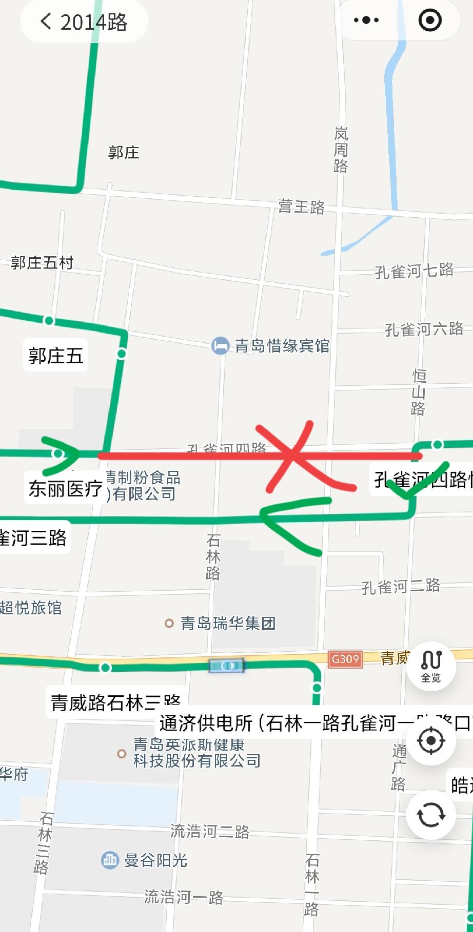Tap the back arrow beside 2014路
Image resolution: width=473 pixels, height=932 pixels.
46,22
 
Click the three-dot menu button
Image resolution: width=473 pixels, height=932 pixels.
366,20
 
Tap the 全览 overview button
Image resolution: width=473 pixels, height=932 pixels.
431,666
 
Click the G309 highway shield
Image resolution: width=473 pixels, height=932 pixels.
345,659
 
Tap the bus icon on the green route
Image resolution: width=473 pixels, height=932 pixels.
227,666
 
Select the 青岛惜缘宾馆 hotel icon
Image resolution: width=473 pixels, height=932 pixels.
220,346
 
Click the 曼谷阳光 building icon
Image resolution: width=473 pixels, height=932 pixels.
110,860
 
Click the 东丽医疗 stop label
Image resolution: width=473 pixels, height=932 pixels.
65,489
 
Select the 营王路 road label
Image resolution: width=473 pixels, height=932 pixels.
302,206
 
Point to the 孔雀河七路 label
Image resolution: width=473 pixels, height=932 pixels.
414,271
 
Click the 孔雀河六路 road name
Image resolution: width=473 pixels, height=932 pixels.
424,329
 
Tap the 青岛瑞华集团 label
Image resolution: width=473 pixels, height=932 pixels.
228,623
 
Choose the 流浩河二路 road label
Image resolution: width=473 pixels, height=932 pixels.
210,831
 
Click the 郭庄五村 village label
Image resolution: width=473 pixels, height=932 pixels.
42,263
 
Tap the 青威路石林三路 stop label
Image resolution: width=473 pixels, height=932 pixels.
115,702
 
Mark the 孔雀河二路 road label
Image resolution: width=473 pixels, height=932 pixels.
401,586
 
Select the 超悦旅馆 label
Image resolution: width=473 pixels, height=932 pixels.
31,608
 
